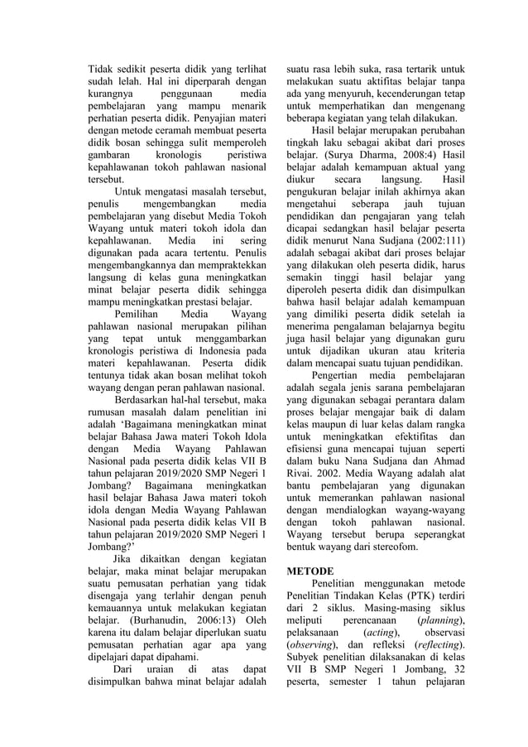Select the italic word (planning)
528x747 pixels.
[x=441, y=621]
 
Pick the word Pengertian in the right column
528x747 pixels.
[x=340, y=373]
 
